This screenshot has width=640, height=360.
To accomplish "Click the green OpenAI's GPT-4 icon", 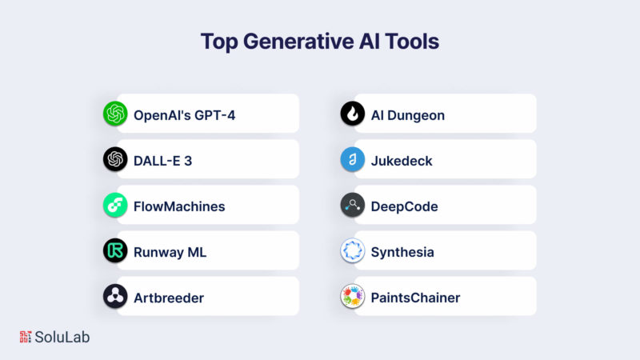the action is (115, 114).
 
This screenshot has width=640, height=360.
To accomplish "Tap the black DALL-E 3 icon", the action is (115, 159).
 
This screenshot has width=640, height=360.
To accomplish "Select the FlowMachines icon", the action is (115, 205).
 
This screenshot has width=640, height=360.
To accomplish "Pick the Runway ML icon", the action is (115, 250).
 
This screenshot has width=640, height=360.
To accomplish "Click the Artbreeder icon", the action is (115, 296).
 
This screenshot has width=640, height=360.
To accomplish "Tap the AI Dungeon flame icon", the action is (353, 114).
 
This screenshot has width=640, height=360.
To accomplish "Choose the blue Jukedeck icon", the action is (353, 159).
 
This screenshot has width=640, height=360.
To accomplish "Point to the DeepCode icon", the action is (353, 205).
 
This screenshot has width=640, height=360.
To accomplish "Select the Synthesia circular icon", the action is (353, 250).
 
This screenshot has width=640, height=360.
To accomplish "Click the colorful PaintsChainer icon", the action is (353, 296).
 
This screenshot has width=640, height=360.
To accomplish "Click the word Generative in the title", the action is (298, 42).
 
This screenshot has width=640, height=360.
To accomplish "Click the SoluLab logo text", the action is (62, 337).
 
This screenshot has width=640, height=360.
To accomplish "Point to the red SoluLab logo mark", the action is (26, 337).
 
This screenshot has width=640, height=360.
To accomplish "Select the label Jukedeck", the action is (402, 161).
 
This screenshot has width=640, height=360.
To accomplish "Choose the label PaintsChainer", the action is (415, 298).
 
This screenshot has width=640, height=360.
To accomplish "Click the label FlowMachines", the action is (179, 206).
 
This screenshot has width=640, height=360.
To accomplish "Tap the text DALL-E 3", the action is (163, 161).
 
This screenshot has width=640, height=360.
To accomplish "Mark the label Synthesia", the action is (402, 253).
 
